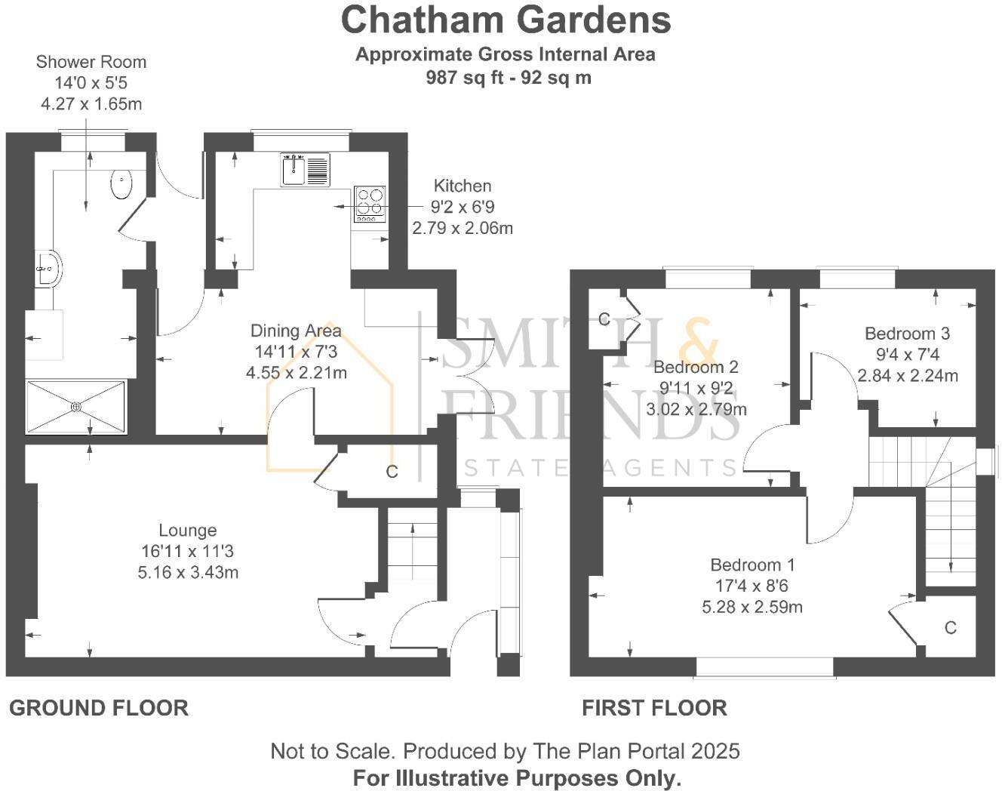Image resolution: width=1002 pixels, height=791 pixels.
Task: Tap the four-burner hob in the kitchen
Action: pos(370,202)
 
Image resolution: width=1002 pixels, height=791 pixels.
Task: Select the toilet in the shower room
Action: pos(121,183)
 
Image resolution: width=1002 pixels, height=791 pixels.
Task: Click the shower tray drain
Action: pos(76,407)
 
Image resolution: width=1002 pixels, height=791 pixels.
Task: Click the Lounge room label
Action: pos(187,531)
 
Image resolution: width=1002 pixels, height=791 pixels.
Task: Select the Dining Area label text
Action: pos(296,331)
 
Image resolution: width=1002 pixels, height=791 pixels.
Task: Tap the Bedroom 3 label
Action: pos(907,334)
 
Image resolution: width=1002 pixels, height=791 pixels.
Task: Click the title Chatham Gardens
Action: pos(506,20)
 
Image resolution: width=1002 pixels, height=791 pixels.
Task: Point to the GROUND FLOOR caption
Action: pos(98,708)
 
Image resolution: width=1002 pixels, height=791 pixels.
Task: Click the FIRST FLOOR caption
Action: pos(654,708)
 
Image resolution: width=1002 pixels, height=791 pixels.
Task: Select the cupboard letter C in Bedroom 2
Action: pos(604,319)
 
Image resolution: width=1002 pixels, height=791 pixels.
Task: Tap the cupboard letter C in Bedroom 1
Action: pos(950,628)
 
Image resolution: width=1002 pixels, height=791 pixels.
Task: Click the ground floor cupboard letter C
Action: pos(392,472)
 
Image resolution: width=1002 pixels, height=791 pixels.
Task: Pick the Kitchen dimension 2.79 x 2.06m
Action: pos(462,228)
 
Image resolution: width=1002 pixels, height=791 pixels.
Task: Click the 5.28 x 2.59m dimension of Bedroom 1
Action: pos(751,607)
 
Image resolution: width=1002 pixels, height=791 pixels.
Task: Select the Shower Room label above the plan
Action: pos(91,62)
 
